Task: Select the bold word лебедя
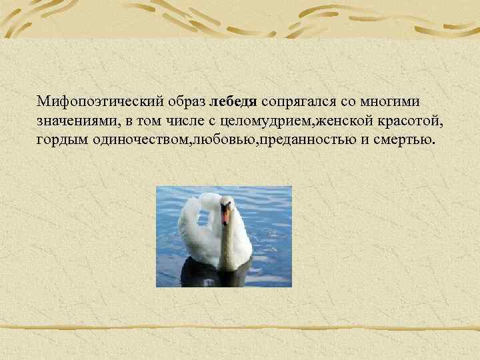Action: coord(233,102)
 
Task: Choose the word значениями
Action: coord(75,121)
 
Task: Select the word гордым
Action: coord(59,141)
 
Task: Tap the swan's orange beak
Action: coord(226,215)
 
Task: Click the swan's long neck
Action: coord(229,243)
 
